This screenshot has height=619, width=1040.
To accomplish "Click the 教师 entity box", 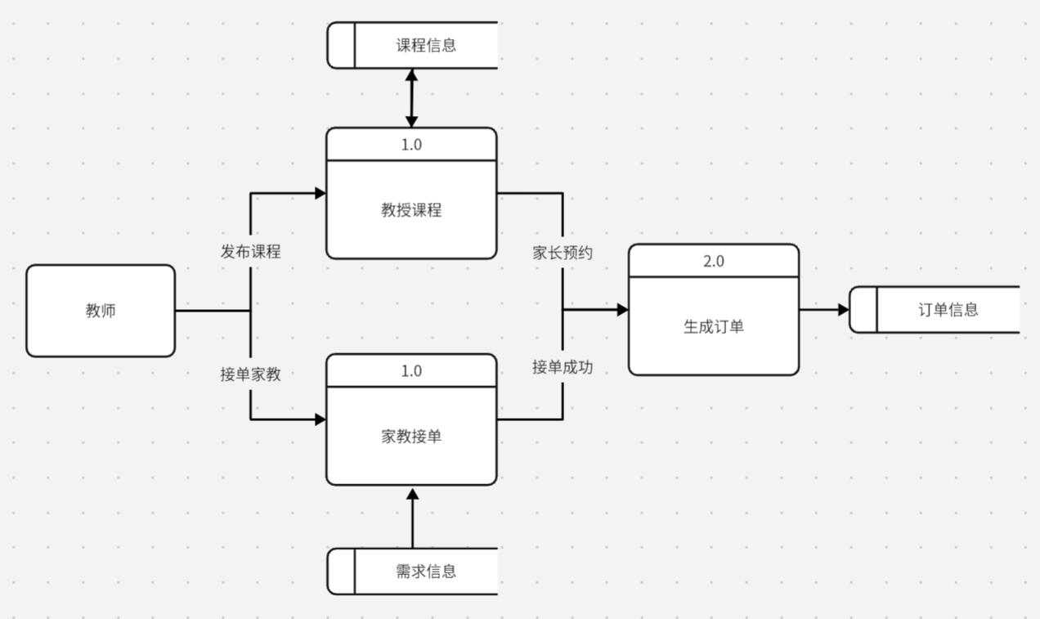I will [x=101, y=311].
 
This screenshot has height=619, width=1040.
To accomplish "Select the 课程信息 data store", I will [x=425, y=45].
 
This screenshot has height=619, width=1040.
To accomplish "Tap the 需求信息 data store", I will [x=425, y=571].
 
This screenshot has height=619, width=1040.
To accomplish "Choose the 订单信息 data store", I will [x=948, y=310].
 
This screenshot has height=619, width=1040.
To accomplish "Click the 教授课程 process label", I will [x=411, y=210].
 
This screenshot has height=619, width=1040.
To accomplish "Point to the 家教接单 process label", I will [x=411, y=437].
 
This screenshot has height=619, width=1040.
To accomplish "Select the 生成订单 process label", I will [x=713, y=326].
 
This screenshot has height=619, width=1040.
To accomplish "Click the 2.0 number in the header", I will [x=713, y=262].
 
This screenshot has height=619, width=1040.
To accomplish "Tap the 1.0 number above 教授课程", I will [x=411, y=145].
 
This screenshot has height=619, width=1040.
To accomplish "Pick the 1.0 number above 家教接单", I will [x=411, y=370].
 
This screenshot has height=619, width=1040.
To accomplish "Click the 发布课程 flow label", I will [x=250, y=252].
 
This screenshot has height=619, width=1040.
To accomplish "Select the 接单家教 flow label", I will [x=250, y=375].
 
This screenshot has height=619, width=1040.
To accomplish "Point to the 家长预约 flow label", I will [x=563, y=253].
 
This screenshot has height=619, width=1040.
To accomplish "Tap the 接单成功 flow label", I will [x=563, y=368].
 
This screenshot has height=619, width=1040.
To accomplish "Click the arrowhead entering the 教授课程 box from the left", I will [x=320, y=193].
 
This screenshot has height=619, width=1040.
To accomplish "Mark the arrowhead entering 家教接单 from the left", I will [x=320, y=419].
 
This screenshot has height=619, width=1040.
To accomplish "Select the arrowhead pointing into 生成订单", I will [x=622, y=310].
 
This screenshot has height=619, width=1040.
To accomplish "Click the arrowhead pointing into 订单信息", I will [x=843, y=310].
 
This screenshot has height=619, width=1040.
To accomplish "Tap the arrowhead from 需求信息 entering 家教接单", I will [x=412, y=493].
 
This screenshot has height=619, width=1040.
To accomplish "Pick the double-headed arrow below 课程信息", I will [x=411, y=98].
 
